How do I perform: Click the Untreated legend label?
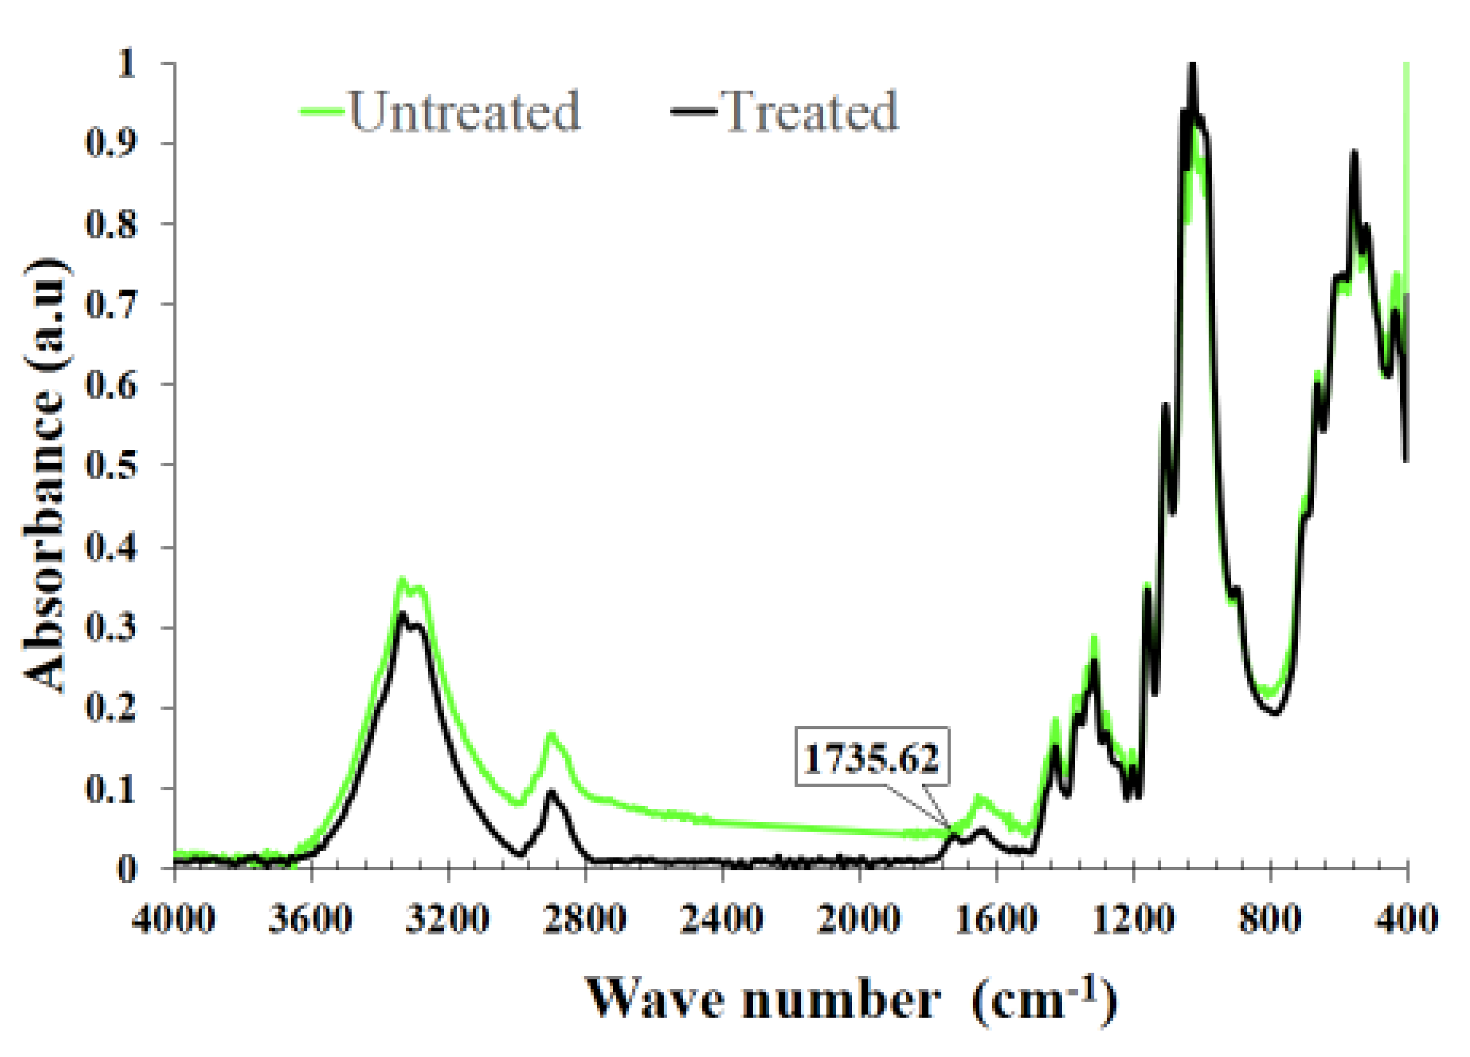click(464, 112)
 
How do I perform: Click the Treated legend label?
click(809, 112)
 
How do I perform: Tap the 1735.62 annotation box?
click(872, 758)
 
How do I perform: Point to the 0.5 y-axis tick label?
click(112, 464)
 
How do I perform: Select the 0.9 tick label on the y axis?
click(112, 143)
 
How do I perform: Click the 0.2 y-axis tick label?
click(112, 707)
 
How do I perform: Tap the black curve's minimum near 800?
click(1274, 714)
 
